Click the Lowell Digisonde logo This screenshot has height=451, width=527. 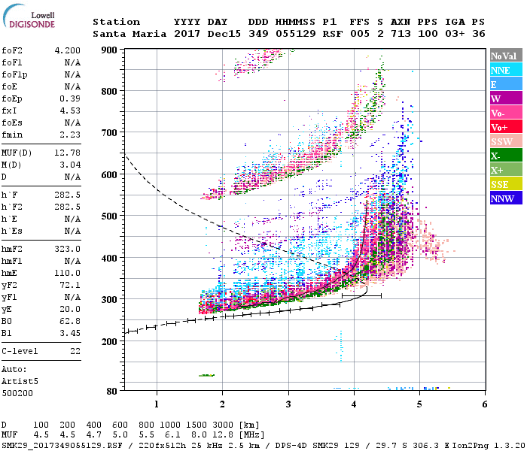coord(27,19)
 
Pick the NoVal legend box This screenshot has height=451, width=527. coord(504,56)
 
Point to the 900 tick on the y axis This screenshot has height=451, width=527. coord(111,50)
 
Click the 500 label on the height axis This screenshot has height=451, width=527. coord(111,216)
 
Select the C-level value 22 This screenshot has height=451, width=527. coord(75,350)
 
